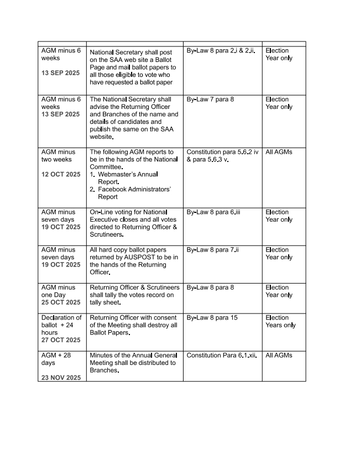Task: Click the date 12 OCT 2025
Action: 60,174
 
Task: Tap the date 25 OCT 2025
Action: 60,302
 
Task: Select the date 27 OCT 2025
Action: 60,340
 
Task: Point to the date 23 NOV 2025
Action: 60,378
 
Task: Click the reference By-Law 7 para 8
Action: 210,100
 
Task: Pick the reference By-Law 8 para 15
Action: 212,318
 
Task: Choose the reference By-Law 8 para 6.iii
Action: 213,212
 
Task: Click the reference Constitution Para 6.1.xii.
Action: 221,356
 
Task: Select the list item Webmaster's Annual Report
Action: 127,178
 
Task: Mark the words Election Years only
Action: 280,321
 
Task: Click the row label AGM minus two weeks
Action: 60,155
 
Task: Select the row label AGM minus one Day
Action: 60,291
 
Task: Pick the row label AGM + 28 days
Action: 56,359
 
